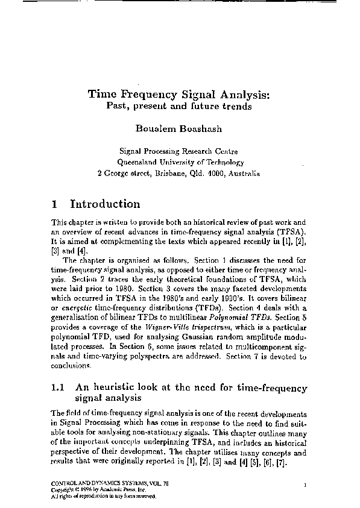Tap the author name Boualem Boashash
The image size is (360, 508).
pos(179,130)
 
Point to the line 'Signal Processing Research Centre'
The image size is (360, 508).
pos(179,151)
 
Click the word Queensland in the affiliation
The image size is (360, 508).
pos(139,162)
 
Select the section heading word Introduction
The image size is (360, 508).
pos(105,204)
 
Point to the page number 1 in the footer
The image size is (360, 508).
pos(306,484)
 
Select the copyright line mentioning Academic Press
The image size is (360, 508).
pos(90,491)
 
